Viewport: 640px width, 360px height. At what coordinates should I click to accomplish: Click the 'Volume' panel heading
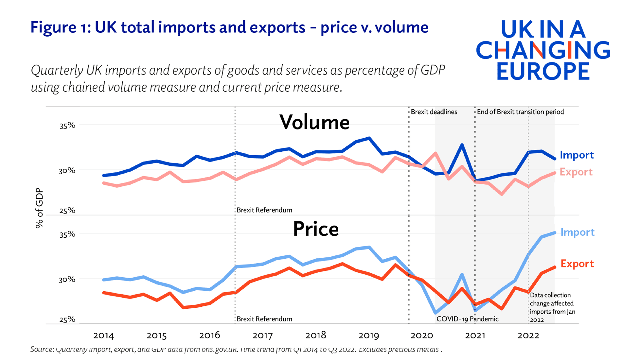tap(314, 122)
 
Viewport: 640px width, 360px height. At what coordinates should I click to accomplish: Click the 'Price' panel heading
tap(315, 229)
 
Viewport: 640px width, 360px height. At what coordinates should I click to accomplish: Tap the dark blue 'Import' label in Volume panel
tap(577, 155)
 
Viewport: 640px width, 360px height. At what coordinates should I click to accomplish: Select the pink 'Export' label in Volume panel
tap(576, 172)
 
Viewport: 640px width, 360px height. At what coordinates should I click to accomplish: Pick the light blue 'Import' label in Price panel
tap(577, 232)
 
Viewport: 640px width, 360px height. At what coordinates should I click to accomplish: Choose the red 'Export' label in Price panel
tap(577, 264)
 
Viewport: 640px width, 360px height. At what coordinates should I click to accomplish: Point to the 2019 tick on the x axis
tap(369, 335)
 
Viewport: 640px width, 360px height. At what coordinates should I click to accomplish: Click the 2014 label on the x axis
tap(103, 335)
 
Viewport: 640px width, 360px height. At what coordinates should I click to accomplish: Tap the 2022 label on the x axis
tap(528, 335)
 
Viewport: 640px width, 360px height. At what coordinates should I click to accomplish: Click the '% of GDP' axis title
tap(39, 208)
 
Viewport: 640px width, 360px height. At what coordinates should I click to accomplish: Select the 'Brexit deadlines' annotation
tap(434, 112)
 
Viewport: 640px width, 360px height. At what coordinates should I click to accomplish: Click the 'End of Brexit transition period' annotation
tap(520, 112)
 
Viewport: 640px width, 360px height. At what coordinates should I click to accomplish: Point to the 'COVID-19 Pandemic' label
tap(467, 319)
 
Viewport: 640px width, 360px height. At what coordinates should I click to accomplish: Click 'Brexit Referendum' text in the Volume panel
tap(264, 210)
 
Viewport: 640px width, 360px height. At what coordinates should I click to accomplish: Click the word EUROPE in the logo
tap(543, 71)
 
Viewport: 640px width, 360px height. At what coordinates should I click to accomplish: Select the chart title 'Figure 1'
tap(229, 27)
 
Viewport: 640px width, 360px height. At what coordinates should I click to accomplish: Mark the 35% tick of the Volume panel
tap(67, 126)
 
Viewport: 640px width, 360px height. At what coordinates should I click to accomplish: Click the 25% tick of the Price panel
tap(67, 319)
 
